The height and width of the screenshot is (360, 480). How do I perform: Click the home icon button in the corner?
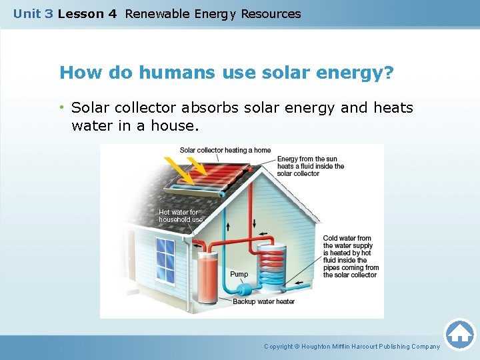(459, 334)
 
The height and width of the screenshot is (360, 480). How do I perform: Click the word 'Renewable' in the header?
(158, 13)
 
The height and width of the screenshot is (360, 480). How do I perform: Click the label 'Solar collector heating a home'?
(225, 150)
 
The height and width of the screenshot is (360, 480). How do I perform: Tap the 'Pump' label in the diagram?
(239, 274)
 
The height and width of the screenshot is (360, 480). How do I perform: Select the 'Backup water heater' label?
(263, 301)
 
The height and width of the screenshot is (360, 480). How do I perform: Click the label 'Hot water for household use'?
(179, 215)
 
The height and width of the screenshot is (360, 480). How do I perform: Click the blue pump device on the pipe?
(241, 290)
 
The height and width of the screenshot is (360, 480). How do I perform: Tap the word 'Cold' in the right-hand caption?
(331, 238)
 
